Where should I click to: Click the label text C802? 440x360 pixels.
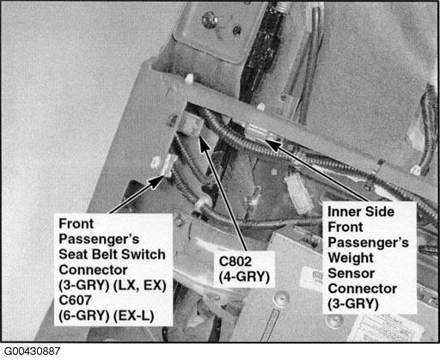pyautogui.click(x=235, y=261)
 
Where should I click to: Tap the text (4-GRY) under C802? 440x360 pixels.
pyautogui.click(x=244, y=277)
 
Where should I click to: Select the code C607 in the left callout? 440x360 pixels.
pyautogui.click(x=75, y=300)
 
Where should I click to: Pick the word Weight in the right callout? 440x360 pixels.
pyautogui.click(x=351, y=259)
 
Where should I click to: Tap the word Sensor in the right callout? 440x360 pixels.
pyautogui.click(x=351, y=273)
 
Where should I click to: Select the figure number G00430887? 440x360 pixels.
pyautogui.click(x=32, y=351)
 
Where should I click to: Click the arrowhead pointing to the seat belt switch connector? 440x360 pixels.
pyautogui.click(x=156, y=180)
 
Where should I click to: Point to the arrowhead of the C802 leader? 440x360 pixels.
pyautogui.click(x=204, y=143)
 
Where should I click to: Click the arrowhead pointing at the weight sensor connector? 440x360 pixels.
pyautogui.click(x=273, y=144)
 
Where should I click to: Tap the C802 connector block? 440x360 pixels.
pyautogui.click(x=191, y=123)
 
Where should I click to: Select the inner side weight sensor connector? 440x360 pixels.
pyautogui.click(x=257, y=132)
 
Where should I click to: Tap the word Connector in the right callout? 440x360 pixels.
pyautogui.click(x=363, y=289)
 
